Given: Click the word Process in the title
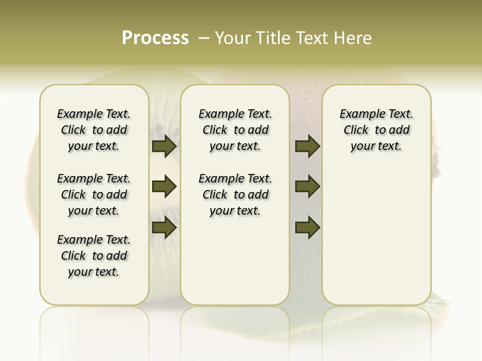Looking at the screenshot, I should point(155,38).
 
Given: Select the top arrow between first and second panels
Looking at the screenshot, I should point(164,146).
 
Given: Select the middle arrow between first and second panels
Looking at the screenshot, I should point(164,187).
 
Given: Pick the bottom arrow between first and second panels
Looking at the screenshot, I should point(164,228).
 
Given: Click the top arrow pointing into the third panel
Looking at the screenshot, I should point(307,146).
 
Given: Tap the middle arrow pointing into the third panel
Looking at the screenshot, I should point(307,187).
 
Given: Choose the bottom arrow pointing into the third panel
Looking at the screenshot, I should point(307,228).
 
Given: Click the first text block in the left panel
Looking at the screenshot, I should point(94,130).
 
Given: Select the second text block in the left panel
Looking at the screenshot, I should point(94,195).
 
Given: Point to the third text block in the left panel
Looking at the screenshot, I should point(94,256).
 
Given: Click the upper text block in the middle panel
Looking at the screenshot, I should point(235,130).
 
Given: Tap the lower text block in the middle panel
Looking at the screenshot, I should point(235,195).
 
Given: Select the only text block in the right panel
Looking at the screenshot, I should point(376,130).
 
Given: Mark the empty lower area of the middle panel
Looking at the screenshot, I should point(235,261).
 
